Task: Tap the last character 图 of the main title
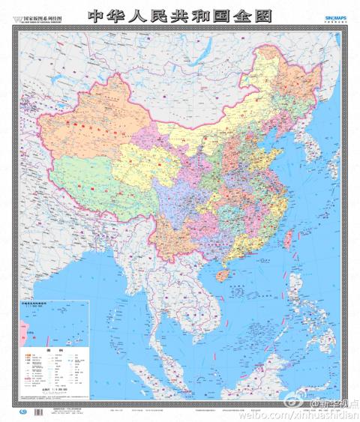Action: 260,16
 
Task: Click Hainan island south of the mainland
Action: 219,274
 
